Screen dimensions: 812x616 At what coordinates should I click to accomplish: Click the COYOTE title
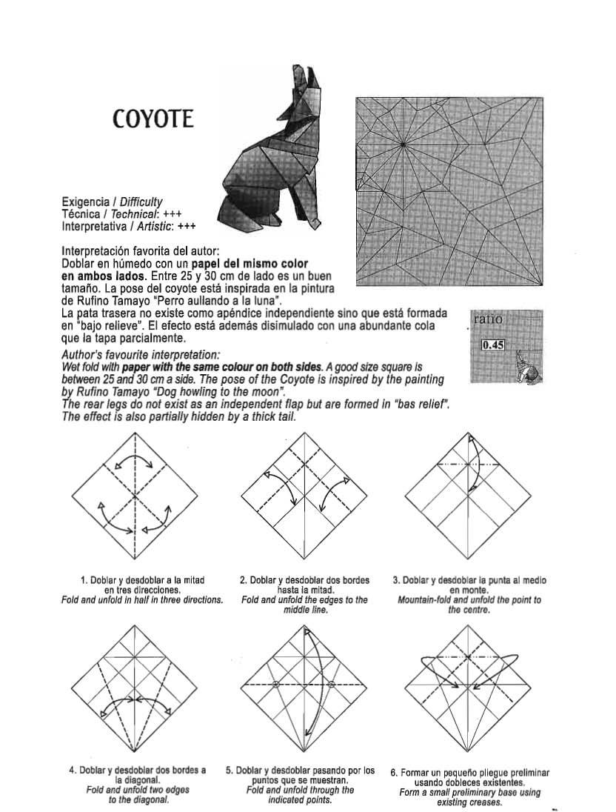[153, 119]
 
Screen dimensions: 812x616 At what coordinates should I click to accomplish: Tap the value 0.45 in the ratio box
[492, 345]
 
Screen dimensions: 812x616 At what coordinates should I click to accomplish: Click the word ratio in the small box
[488, 319]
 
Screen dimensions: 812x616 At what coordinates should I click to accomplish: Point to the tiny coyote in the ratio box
[526, 367]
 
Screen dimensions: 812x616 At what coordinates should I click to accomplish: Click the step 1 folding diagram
[135, 495]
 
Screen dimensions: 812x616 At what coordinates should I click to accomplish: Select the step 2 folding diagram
[304, 495]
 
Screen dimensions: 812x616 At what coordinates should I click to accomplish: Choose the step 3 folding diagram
[469, 495]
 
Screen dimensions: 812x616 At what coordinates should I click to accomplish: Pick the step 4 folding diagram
[135, 687]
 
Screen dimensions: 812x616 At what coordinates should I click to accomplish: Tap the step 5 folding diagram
[304, 687]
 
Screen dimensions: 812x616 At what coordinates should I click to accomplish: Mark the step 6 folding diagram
[469, 687]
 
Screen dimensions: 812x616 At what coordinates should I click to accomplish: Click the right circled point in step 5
[332, 685]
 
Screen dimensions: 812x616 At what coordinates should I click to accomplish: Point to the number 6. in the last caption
[395, 773]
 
